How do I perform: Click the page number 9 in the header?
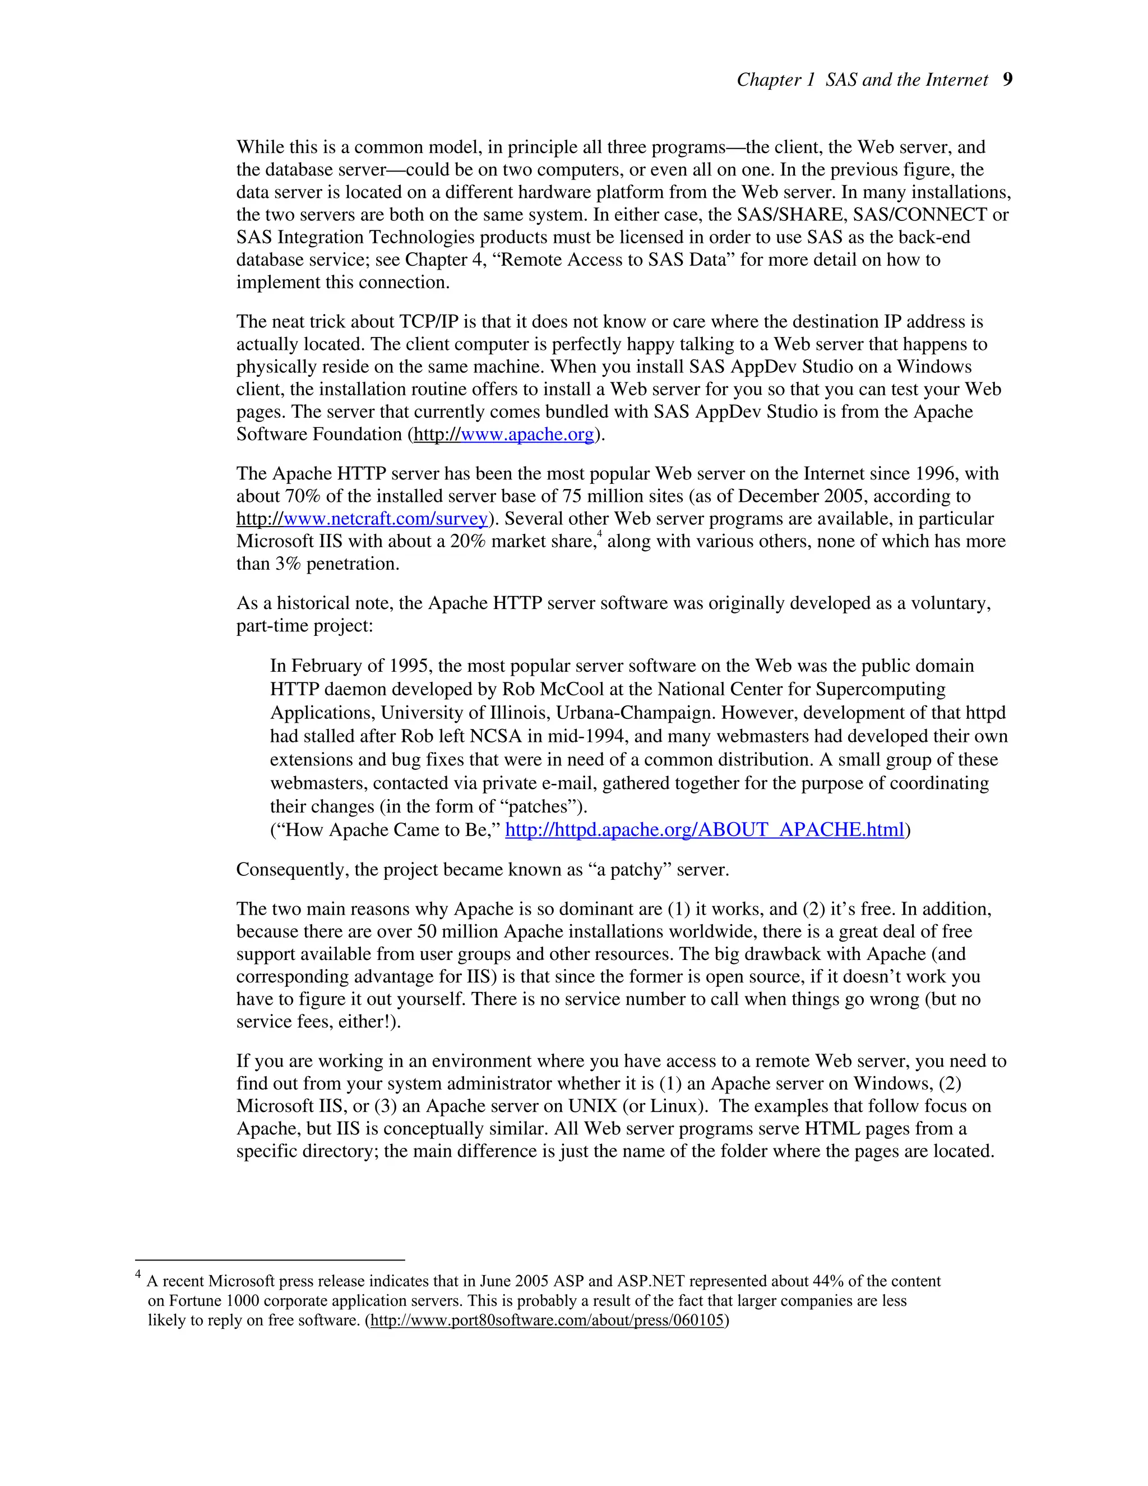1007,80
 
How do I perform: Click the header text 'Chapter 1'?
775,80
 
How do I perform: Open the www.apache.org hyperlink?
504,434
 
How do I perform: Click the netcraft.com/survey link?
362,519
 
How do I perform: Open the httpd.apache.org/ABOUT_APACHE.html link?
704,829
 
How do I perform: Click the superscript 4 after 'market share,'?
599,536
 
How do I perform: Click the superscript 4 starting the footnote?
138,1275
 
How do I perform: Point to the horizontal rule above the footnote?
270,1260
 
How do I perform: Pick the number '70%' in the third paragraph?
305,496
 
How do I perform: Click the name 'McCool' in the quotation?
571,689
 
